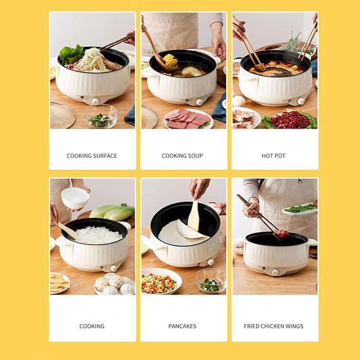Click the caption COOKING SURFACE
(x=92, y=156)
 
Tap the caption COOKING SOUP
(x=183, y=156)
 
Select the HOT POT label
(x=274, y=156)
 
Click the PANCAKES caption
(x=183, y=326)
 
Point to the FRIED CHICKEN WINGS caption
(x=274, y=326)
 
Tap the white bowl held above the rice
(x=75, y=197)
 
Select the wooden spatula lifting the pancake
(x=194, y=216)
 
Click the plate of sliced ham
(x=188, y=119)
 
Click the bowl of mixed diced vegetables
(x=160, y=282)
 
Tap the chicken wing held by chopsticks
(x=281, y=235)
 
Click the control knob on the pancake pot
(x=209, y=262)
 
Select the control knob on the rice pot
(x=114, y=268)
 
